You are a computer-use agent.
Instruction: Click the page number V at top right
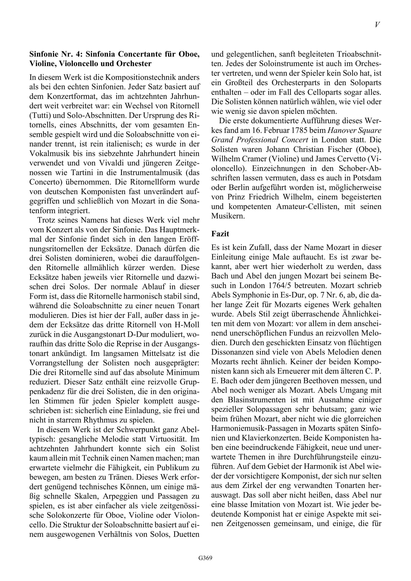click(377, 25)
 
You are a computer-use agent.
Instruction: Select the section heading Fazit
click(220, 234)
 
